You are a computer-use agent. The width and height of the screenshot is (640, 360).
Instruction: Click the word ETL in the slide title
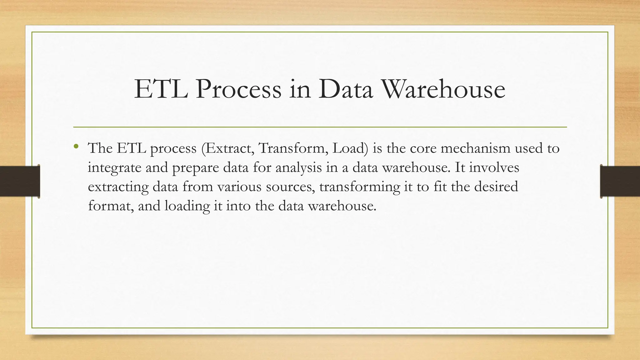[161, 90]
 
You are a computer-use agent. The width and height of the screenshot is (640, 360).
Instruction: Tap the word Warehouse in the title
[443, 90]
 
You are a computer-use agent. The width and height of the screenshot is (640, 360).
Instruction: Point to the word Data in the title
[346, 90]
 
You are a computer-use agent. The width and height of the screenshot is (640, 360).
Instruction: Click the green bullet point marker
[76, 146]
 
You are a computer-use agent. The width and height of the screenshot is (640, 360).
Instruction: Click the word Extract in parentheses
[228, 148]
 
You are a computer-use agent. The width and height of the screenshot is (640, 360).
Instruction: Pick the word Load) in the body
[350, 148]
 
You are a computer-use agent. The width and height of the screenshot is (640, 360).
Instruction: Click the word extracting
[118, 187]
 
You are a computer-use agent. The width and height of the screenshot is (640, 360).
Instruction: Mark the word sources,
[291, 187]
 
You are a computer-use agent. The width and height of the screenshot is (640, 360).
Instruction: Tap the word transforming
[360, 187]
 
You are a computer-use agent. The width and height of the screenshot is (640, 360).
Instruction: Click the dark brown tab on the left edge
[20, 181]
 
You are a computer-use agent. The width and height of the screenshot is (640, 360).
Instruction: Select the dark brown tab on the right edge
[620, 181]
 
